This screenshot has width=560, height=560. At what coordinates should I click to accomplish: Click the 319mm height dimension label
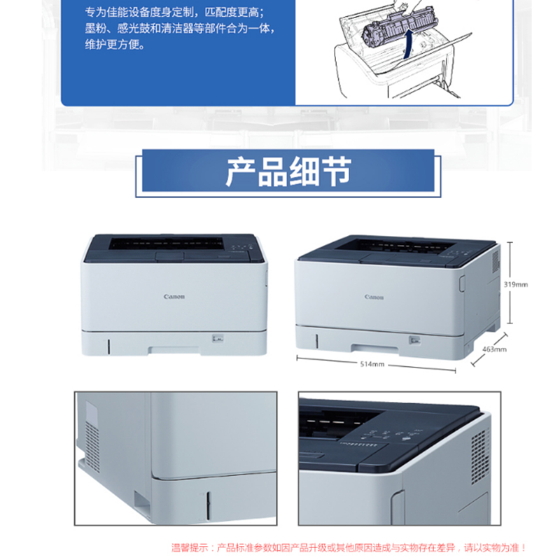click(x=515, y=285)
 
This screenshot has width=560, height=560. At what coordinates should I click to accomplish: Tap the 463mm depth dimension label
click(x=494, y=349)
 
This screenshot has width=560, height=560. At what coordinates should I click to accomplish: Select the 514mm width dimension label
click(x=372, y=364)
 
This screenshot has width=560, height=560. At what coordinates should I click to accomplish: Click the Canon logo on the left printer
click(x=174, y=296)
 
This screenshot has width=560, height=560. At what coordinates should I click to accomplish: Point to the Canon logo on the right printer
click(x=374, y=297)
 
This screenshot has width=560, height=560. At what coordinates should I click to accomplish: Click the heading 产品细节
click(x=288, y=171)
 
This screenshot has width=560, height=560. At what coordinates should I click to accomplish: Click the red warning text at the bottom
click(x=349, y=548)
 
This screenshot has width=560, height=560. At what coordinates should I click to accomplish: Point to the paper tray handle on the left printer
click(x=174, y=349)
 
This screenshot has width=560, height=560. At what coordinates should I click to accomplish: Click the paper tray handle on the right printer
click(x=375, y=348)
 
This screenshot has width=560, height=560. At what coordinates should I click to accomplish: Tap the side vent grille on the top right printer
click(x=496, y=261)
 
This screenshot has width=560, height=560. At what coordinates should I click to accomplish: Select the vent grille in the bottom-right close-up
click(x=480, y=456)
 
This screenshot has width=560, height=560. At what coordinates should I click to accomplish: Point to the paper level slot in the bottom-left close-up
click(x=208, y=505)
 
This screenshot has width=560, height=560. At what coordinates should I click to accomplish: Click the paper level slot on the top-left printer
click(x=109, y=346)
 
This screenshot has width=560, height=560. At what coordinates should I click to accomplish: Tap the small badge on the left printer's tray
click(x=218, y=338)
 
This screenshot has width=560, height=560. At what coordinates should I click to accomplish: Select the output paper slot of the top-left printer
click(x=166, y=243)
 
